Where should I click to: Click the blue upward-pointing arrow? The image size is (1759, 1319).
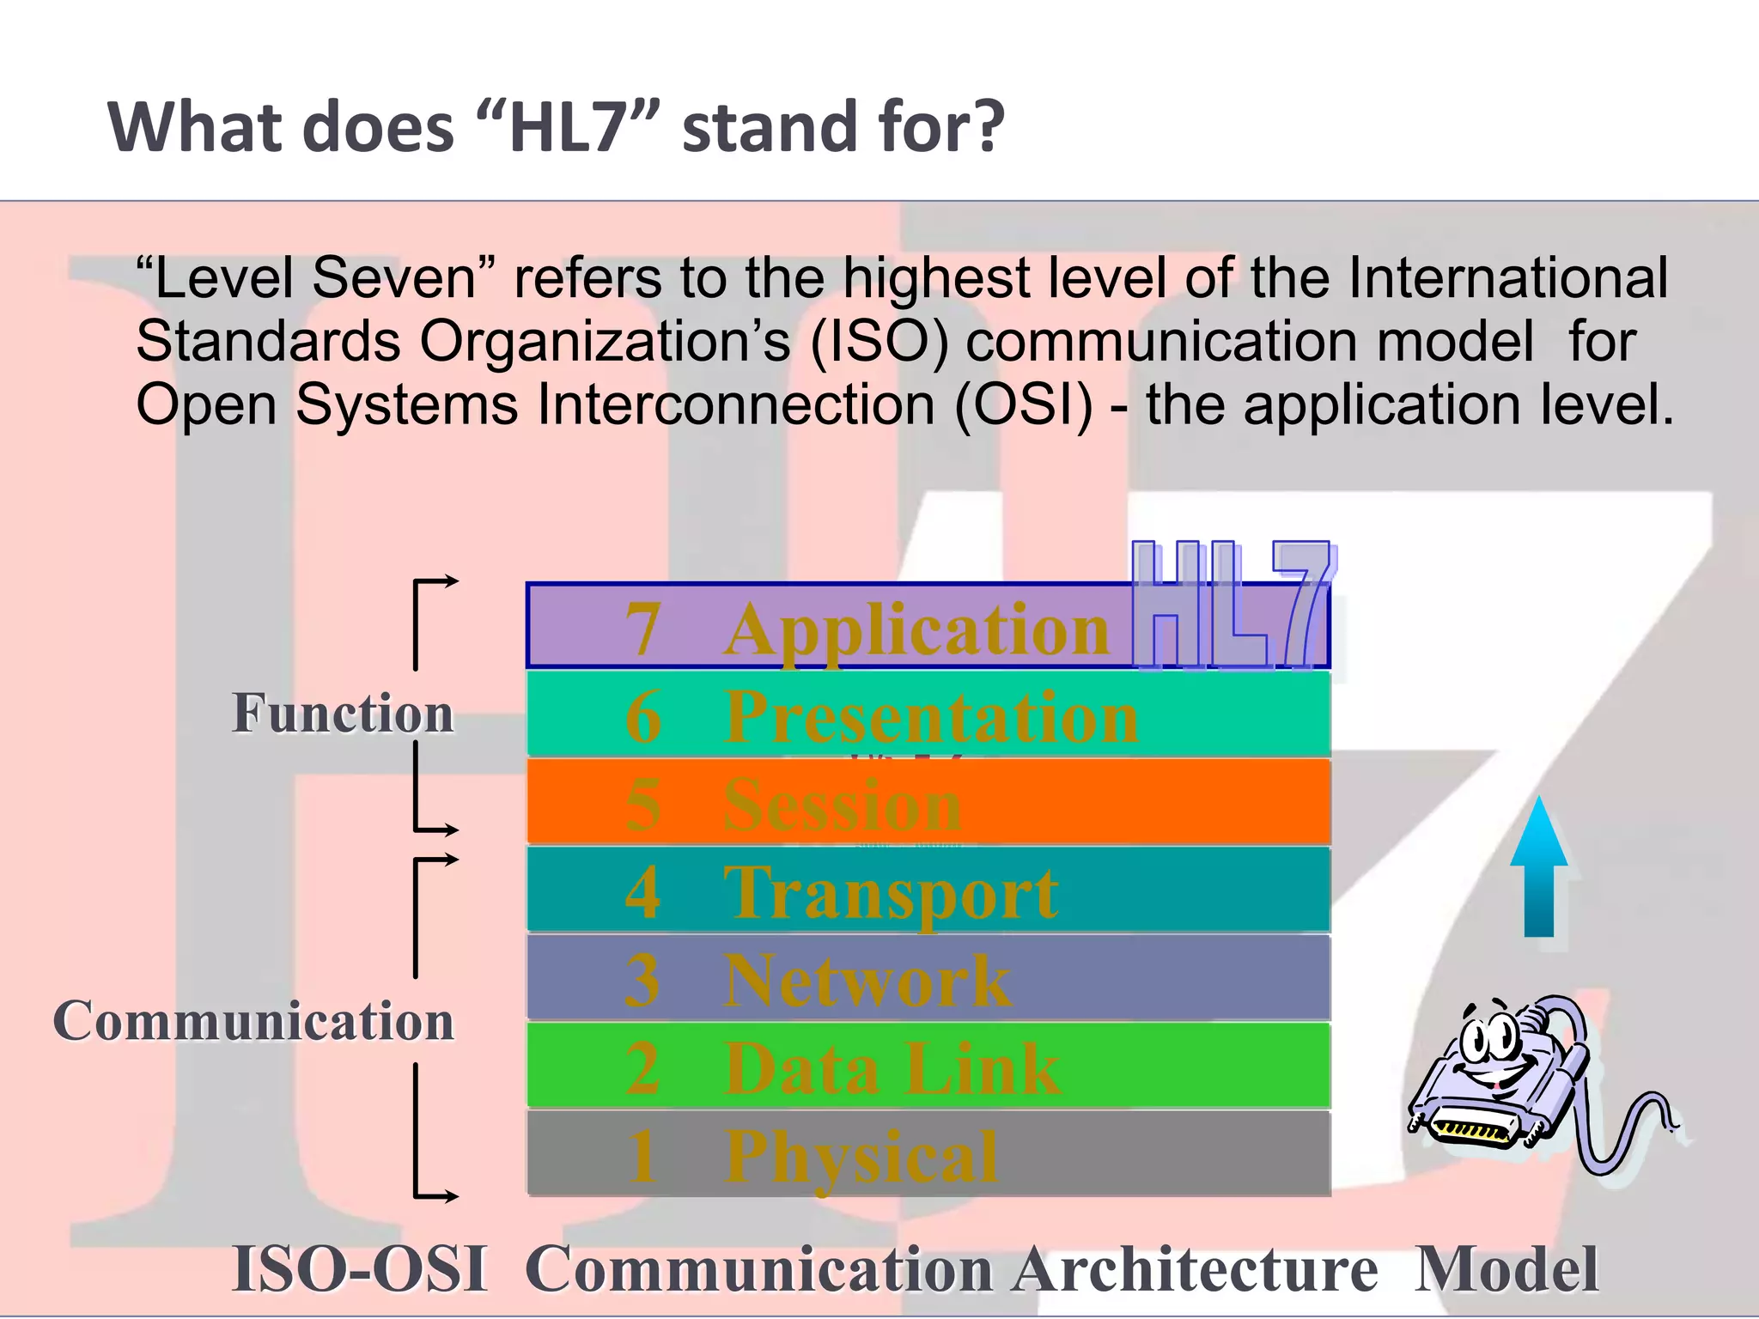coord(1539,867)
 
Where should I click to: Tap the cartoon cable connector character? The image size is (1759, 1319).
coord(1512,1082)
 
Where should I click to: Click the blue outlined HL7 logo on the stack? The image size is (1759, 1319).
coord(1233,605)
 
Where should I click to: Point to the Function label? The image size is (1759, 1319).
coord(343,713)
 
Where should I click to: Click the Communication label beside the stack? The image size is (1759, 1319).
coord(253,1021)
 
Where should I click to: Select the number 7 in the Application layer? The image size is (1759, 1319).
coord(643,629)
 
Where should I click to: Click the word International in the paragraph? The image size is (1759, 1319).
coord(1507,278)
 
